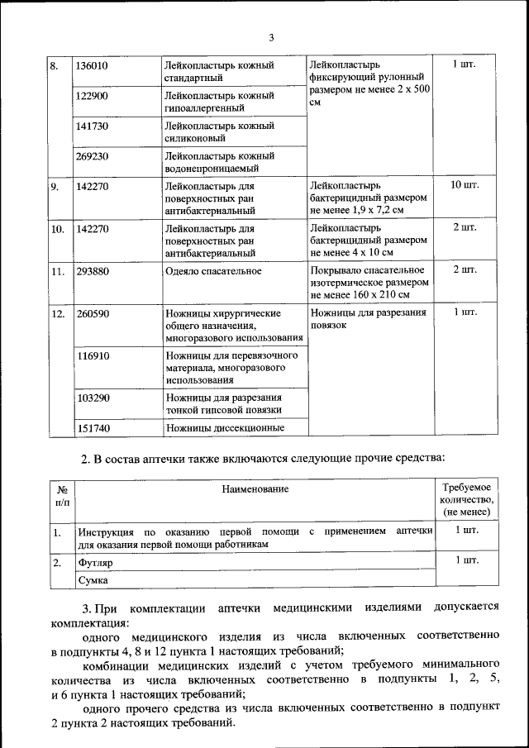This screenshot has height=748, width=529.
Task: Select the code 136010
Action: point(92,65)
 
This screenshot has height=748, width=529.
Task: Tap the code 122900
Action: point(92,96)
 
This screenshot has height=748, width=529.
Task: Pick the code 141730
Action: point(92,126)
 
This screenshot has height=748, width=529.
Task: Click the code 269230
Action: point(92,155)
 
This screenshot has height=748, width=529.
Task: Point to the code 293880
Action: point(92,270)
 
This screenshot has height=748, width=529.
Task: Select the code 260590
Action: point(92,314)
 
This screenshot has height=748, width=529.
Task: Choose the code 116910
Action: point(92,355)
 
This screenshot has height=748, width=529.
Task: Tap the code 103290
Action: point(92,398)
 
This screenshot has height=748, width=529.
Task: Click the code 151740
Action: point(92,428)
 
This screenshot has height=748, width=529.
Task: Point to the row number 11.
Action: point(57,270)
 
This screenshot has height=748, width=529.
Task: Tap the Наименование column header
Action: point(255,489)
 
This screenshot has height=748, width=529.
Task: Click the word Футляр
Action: point(94,563)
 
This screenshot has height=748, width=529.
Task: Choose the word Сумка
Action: point(93,581)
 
